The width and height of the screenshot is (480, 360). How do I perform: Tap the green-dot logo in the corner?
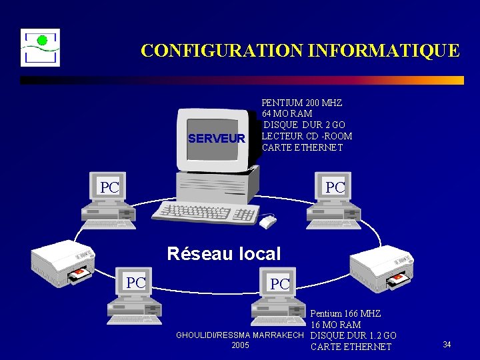pos(40,47)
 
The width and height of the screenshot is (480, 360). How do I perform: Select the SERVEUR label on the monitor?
pos(217,139)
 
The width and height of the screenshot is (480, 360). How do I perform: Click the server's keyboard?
pos(205,213)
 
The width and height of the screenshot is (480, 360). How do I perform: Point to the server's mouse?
pos(267,221)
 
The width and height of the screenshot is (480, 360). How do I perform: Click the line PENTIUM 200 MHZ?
pos(302,103)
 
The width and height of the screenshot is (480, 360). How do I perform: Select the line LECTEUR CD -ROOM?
pos(307,137)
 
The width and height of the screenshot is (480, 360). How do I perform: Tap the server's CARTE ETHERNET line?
pos(302,147)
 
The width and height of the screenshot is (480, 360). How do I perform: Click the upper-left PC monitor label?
pos(109,188)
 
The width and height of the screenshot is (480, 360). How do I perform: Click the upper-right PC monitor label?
pos(335,188)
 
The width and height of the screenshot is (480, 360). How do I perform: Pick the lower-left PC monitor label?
pos(136,283)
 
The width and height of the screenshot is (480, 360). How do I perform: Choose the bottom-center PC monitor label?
pos(279,284)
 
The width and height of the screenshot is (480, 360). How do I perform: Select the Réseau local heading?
pos(224,254)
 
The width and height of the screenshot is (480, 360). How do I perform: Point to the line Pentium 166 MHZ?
pos(345,313)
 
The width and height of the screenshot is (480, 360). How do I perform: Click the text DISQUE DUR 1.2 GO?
pos(353,335)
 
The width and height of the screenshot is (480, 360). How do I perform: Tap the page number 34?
pos(447,345)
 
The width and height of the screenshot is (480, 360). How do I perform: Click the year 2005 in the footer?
pos(240,345)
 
